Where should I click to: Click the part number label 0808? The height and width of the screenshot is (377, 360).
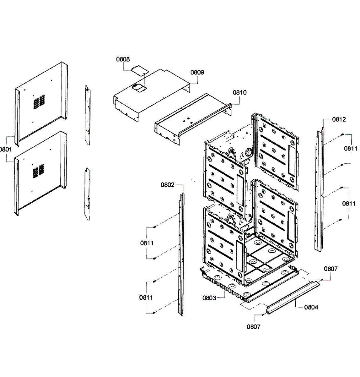click(x=123, y=59)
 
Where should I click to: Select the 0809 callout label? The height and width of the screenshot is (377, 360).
click(x=197, y=72)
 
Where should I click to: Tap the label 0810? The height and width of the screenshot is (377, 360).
click(x=239, y=92)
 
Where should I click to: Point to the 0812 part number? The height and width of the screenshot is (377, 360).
click(x=339, y=119)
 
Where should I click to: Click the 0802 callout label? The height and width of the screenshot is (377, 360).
click(x=167, y=185)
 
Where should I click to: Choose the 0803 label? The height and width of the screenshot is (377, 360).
click(x=209, y=298)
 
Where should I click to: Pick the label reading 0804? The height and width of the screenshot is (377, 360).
click(x=311, y=307)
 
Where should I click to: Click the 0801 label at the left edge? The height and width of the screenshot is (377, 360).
click(x=6, y=149)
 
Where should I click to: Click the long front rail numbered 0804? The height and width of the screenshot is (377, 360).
click(x=293, y=298)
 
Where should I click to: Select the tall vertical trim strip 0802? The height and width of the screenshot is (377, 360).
click(x=181, y=254)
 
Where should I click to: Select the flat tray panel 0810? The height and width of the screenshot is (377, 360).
click(x=193, y=119)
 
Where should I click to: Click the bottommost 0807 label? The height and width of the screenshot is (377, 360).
click(x=253, y=327)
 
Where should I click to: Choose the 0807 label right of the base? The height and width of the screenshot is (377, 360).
click(x=331, y=269)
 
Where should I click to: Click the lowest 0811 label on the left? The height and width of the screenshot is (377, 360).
click(x=146, y=298)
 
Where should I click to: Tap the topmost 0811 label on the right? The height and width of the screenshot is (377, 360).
click(x=351, y=149)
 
